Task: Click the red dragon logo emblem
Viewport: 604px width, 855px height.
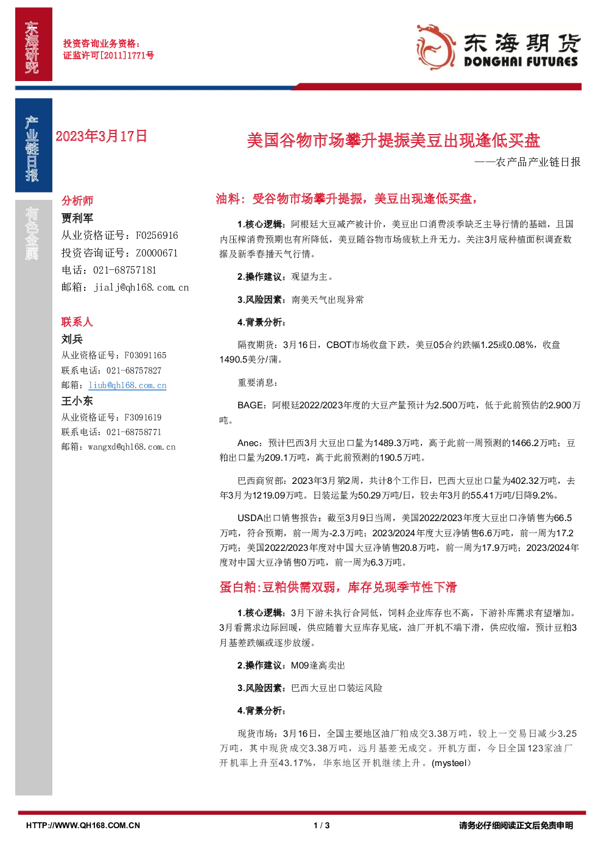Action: (x=436, y=47)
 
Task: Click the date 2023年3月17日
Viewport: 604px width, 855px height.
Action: (x=102, y=137)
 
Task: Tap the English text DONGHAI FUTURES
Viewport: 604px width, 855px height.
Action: (x=521, y=62)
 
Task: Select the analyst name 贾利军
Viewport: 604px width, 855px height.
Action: (x=77, y=218)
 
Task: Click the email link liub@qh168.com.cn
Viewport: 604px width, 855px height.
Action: (x=127, y=385)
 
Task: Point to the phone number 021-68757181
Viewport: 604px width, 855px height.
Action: (x=125, y=270)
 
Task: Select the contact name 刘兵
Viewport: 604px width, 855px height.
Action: (x=72, y=339)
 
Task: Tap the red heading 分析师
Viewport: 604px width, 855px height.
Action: (x=77, y=200)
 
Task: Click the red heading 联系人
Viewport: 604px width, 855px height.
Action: (x=77, y=322)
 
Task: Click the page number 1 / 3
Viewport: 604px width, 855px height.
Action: (x=321, y=826)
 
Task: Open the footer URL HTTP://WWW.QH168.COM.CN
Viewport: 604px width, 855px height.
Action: (x=83, y=826)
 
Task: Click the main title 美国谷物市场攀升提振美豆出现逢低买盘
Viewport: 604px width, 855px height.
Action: (x=393, y=140)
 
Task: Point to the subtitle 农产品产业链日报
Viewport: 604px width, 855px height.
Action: (x=538, y=162)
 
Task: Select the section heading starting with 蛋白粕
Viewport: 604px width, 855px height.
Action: (x=338, y=587)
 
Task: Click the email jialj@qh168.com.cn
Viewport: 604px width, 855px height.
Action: (x=141, y=288)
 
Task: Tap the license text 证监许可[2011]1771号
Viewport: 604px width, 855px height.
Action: (x=108, y=55)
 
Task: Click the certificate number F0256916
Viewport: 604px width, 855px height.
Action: (x=157, y=235)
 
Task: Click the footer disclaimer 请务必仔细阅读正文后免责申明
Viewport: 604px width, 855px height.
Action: (x=516, y=826)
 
